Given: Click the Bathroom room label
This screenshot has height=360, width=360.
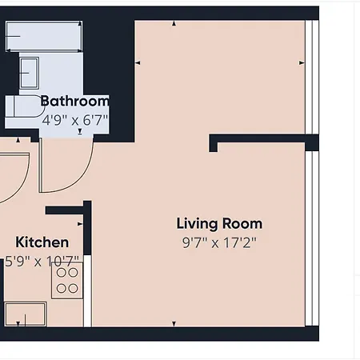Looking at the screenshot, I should point(74,102).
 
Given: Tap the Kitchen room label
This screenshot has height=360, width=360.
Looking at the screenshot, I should point(42,242).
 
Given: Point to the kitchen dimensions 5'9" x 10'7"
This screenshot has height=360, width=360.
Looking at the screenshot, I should point(42,261).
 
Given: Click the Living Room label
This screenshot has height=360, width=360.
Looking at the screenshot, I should point(219,224).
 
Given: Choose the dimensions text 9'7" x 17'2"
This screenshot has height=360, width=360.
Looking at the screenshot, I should point(219,242).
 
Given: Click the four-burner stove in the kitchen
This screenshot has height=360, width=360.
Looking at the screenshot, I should point(67,280).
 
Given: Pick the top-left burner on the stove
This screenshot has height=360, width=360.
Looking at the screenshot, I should point(61,272).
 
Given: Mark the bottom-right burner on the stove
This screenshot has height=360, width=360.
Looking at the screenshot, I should point(74,288).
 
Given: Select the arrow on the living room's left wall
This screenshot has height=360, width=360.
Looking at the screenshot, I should point(139,62).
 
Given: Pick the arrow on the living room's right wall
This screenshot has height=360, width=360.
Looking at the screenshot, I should point(302,62).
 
